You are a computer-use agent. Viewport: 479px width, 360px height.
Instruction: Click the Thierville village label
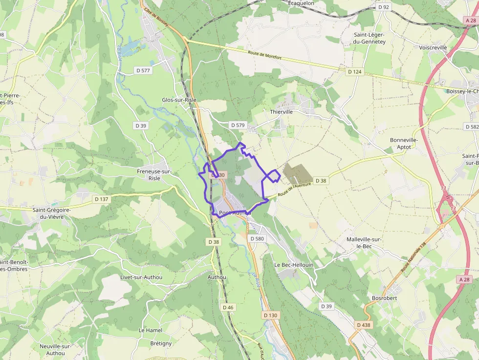tap(281, 112)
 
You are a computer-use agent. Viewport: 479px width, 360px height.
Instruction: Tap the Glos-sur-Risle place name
tap(179, 100)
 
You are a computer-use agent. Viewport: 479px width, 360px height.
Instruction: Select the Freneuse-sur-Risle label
tap(154, 175)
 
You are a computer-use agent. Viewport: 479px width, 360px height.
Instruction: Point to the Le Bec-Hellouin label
tap(293, 265)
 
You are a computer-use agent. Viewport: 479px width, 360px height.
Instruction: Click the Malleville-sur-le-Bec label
tap(364, 243)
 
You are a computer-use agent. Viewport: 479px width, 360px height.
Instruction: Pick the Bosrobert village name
tap(384, 298)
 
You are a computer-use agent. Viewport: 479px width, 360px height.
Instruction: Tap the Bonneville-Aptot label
tap(404, 143)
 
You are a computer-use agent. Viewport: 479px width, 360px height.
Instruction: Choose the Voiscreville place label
tap(433, 48)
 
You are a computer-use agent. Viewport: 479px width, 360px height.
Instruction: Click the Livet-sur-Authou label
tap(141, 277)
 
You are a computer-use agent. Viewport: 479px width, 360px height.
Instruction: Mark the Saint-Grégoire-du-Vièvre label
tap(52, 213)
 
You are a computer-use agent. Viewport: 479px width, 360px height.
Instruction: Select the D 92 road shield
tap(384, 7)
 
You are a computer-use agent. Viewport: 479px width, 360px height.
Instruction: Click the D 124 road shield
tap(354, 72)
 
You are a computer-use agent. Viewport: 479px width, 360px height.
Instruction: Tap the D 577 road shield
tap(143, 71)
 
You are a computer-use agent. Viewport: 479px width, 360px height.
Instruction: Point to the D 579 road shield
tap(238, 126)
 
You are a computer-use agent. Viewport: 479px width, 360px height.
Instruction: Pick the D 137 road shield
tap(101, 199)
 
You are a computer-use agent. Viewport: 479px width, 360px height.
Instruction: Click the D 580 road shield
tap(257, 239)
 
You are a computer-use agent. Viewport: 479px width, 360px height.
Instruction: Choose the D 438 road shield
tap(363, 325)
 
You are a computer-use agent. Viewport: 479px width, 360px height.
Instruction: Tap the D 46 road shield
tap(228, 307)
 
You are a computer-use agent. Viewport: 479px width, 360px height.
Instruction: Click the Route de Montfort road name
tap(265, 56)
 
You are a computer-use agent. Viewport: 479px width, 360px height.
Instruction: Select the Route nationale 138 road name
tap(414, 257)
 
